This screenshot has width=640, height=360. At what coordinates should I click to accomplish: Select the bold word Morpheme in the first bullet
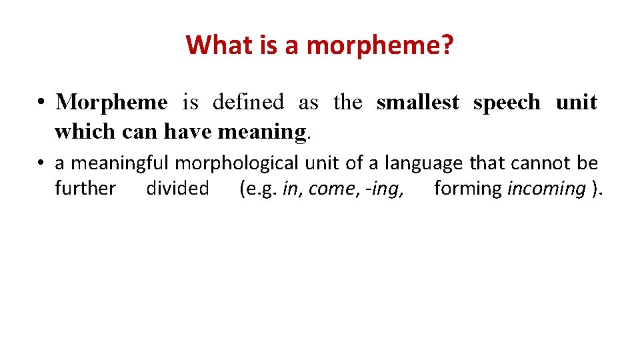[x=111, y=103]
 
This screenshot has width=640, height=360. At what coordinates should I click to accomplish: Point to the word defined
[x=248, y=103]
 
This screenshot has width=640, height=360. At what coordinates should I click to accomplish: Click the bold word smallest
[x=417, y=103]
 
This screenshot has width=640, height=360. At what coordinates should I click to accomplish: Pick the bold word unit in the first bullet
[x=576, y=103]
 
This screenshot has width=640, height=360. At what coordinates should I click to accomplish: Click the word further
[x=85, y=189]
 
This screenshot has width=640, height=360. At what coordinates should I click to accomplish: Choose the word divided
[x=177, y=189]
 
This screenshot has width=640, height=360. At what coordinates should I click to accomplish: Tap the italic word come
[x=328, y=189]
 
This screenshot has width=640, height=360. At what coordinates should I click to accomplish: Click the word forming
[x=467, y=189]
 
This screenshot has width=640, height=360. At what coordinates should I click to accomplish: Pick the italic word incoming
[x=546, y=189]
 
